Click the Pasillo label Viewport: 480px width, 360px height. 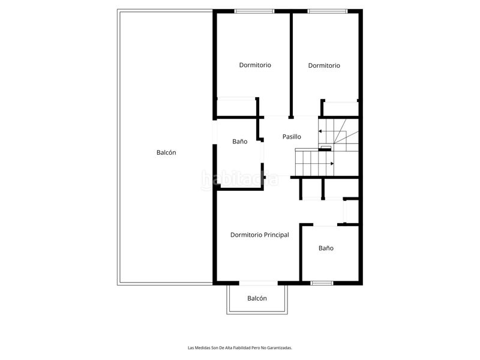coord(292,137)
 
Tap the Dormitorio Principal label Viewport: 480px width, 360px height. coord(259,235)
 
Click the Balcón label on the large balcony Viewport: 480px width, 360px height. coord(166,152)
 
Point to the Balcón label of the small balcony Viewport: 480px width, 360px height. coord(257,298)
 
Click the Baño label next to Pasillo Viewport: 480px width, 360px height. coord(240,142)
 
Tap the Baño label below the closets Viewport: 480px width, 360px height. coord(326,248)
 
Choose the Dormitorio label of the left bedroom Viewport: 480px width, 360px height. coord(255,65)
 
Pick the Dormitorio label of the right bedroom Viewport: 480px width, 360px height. coord(324,65)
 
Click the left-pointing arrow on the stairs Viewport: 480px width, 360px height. coord(321,130)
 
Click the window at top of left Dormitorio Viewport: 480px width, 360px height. coord(254,11)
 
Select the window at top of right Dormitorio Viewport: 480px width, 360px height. coord(326,11)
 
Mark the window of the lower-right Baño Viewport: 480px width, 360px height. coord(322,283)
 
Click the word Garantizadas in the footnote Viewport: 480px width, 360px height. coord(280,347)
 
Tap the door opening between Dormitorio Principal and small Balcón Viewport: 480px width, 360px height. coord(257,283)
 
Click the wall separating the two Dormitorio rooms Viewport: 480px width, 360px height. coord(292,63)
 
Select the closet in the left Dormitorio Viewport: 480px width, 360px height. coord(236,107)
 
